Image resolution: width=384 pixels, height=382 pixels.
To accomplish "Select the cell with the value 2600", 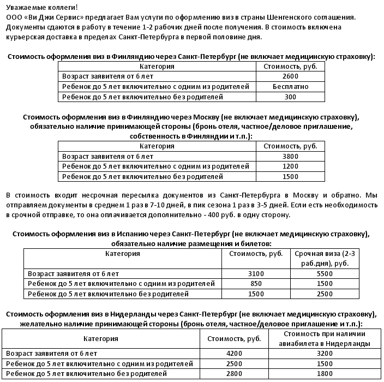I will [x=290, y=76].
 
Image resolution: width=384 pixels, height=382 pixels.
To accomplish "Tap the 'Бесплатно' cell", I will [x=290, y=87].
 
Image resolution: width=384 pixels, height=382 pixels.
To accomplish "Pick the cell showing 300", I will [x=290, y=97].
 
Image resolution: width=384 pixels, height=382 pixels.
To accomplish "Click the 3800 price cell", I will [x=290, y=156].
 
